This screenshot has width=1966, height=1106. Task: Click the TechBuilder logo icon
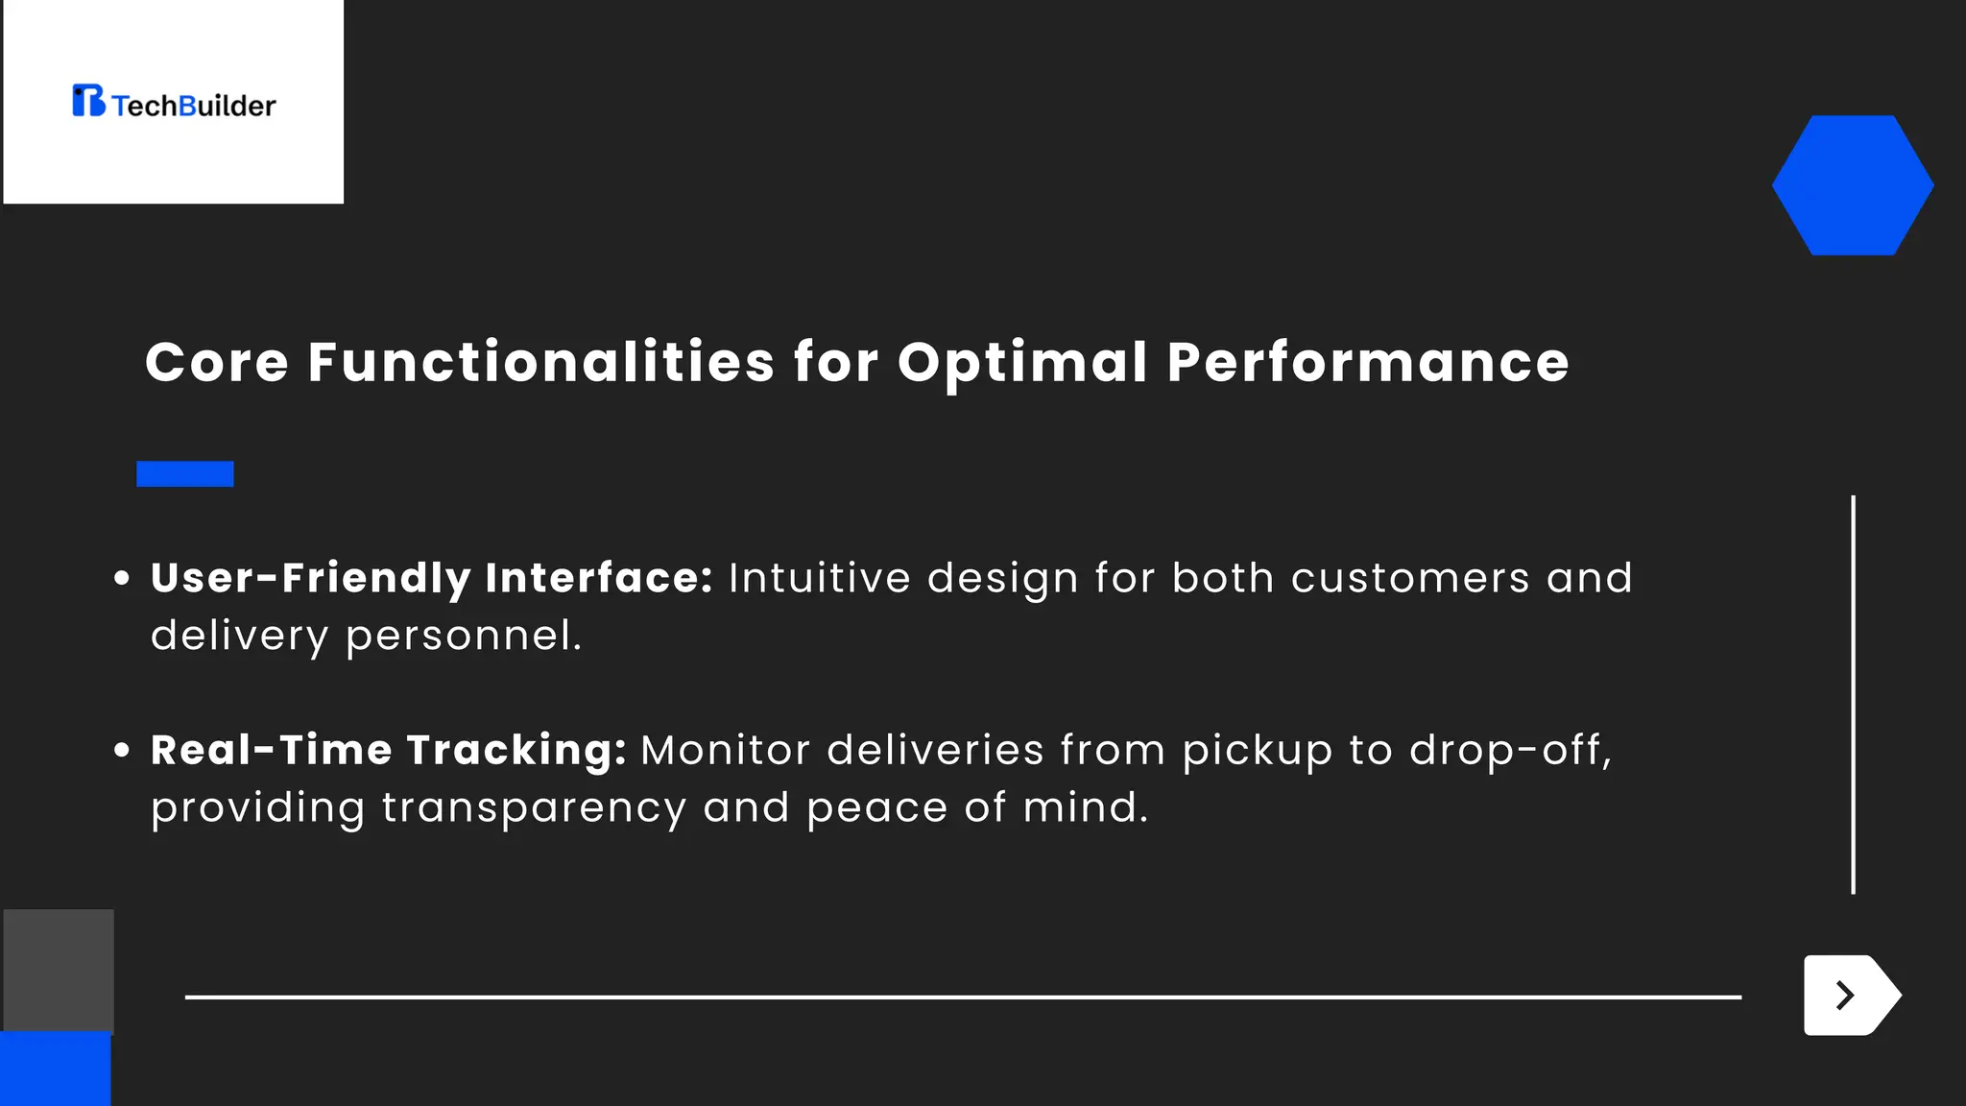(88, 101)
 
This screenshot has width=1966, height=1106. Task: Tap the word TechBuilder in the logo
(194, 106)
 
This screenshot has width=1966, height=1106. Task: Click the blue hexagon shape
(1852, 185)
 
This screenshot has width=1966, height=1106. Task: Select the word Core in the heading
(216, 363)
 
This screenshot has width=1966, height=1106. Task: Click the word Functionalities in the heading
(540, 363)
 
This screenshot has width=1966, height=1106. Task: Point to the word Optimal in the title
(1022, 363)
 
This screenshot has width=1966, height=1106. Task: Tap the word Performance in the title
(1368, 363)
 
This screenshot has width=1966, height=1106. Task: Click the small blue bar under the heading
(185, 474)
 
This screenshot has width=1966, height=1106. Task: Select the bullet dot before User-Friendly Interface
(122, 578)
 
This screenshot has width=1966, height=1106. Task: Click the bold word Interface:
(599, 578)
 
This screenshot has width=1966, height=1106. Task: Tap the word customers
(1409, 578)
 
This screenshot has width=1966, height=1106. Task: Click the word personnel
(463, 636)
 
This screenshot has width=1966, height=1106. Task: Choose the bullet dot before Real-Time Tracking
(122, 750)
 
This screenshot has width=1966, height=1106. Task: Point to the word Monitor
(725, 750)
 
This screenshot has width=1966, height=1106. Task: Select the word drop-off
(1509, 750)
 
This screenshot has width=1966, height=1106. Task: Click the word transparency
(534, 808)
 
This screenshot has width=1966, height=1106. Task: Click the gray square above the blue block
(59, 970)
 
